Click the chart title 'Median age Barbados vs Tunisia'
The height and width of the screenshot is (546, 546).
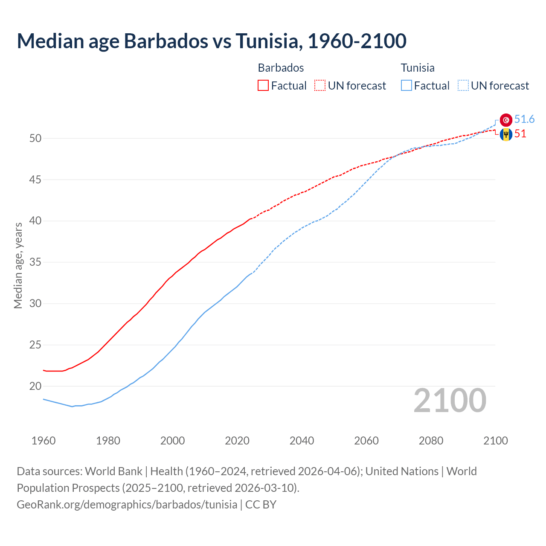click(212, 41)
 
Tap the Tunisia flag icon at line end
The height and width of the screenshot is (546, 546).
click(506, 120)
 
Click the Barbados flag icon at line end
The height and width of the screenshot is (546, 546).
click(506, 134)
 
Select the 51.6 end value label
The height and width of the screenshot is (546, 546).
click(524, 119)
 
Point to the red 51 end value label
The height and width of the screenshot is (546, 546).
click(520, 134)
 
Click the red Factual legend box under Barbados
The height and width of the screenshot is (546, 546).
click(263, 86)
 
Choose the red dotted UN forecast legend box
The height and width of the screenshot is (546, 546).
click(320, 86)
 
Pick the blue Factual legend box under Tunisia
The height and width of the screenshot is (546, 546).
click(407, 86)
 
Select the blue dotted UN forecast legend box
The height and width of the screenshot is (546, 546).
click(463, 86)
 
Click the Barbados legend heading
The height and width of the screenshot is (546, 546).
click(281, 68)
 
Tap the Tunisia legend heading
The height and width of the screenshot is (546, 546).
click(417, 68)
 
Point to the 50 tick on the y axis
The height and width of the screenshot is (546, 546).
click(35, 138)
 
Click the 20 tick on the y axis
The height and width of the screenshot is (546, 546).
click(35, 386)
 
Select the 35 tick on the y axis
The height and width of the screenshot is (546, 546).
click(35, 262)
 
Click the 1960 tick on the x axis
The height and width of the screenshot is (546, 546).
click(44, 441)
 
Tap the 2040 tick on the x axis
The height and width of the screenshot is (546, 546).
click(302, 441)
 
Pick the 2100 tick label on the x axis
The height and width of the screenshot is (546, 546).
click(495, 441)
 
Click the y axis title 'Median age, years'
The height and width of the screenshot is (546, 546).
click(18, 265)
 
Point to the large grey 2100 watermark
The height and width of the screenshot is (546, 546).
click(450, 400)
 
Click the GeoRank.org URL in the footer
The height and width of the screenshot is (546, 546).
click(127, 504)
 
